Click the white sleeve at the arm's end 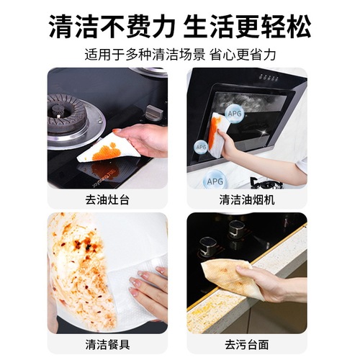click(301, 165)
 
